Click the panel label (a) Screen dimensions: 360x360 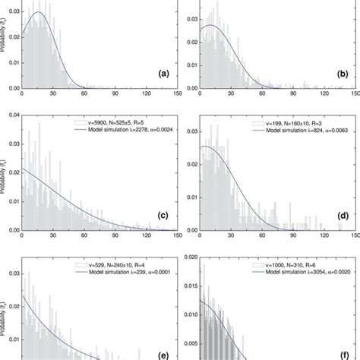(x=162, y=74)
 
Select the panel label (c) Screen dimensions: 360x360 (x=162, y=215)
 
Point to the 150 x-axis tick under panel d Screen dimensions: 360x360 (x=354, y=236)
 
